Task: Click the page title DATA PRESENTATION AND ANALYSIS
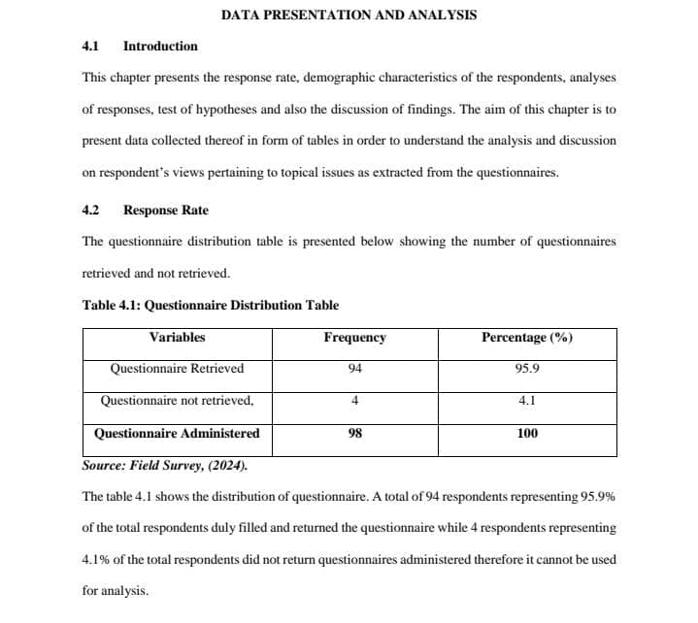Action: [349, 15]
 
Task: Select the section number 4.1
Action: [91, 46]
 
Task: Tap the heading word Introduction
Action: [160, 46]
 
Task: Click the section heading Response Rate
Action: [165, 210]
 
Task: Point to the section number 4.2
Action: [91, 210]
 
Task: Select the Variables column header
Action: [177, 338]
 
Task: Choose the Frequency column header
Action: [354, 338]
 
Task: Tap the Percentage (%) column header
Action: [526, 338]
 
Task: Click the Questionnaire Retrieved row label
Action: [177, 369]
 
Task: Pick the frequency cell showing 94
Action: [354, 369]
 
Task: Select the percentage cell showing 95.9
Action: [527, 369]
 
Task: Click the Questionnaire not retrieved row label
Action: [177, 400]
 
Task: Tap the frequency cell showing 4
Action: [354, 400]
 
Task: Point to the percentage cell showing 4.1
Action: [527, 400]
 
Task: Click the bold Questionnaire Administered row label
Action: [177, 434]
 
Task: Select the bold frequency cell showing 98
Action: [354, 434]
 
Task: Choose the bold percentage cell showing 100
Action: [527, 434]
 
